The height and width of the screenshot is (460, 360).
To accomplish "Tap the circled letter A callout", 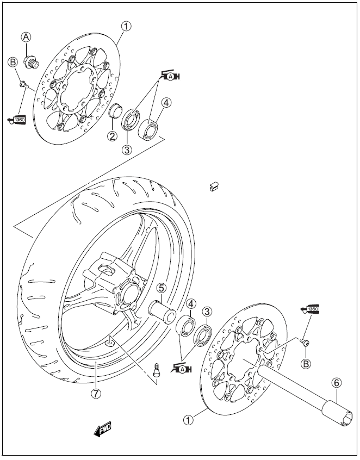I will [26, 37].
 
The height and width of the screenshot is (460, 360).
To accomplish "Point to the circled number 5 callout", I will [162, 287].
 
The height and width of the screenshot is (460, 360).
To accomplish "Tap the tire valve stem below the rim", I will [158, 369].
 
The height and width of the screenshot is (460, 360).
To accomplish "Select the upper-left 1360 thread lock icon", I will [17, 119].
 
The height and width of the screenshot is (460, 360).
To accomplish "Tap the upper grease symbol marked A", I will [171, 77].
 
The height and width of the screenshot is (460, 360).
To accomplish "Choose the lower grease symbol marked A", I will [183, 369].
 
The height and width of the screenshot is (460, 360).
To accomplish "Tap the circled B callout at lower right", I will [306, 363].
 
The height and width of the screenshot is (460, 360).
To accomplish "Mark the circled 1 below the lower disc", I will [188, 419].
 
